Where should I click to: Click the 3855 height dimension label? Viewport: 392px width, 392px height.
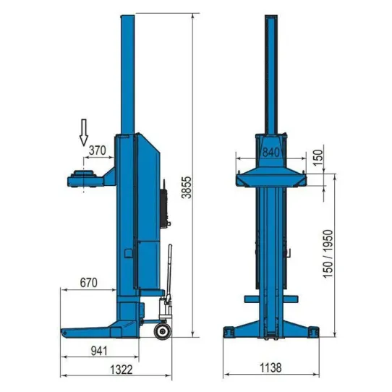187,187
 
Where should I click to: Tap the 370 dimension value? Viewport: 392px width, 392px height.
98,150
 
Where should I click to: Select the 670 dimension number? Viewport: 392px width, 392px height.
88,283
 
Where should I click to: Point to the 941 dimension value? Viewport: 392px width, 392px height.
99,351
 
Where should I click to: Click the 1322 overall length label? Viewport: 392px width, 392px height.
122,370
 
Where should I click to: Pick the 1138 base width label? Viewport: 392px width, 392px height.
270,367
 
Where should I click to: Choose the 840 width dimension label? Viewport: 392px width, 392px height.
271,153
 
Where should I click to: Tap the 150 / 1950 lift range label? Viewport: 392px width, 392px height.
328,254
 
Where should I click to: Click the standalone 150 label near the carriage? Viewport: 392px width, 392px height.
318,158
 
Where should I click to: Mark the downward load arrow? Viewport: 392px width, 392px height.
84,132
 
